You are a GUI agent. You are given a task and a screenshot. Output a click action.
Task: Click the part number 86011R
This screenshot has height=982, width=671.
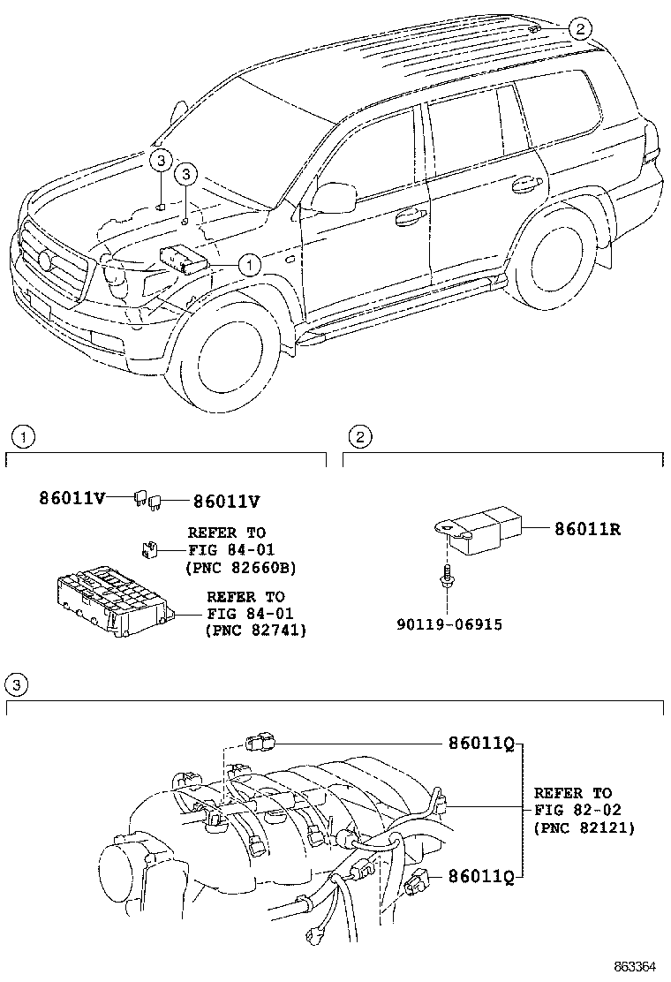tap(588, 530)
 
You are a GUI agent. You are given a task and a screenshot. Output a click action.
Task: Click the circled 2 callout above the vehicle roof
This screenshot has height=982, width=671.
tap(578, 29)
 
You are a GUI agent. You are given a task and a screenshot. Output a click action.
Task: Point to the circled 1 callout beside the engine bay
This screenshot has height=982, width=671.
tap(250, 263)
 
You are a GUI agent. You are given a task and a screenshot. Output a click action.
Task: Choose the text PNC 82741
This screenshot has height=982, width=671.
tap(255, 631)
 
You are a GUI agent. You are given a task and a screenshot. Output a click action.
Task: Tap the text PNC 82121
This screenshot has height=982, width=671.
tap(584, 827)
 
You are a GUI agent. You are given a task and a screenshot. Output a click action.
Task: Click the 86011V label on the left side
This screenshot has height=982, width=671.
tap(72, 498)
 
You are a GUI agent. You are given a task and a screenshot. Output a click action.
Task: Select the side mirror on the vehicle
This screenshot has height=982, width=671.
tap(331, 197)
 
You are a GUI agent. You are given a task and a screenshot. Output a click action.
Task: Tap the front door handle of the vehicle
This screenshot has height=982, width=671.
tap(408, 215)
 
